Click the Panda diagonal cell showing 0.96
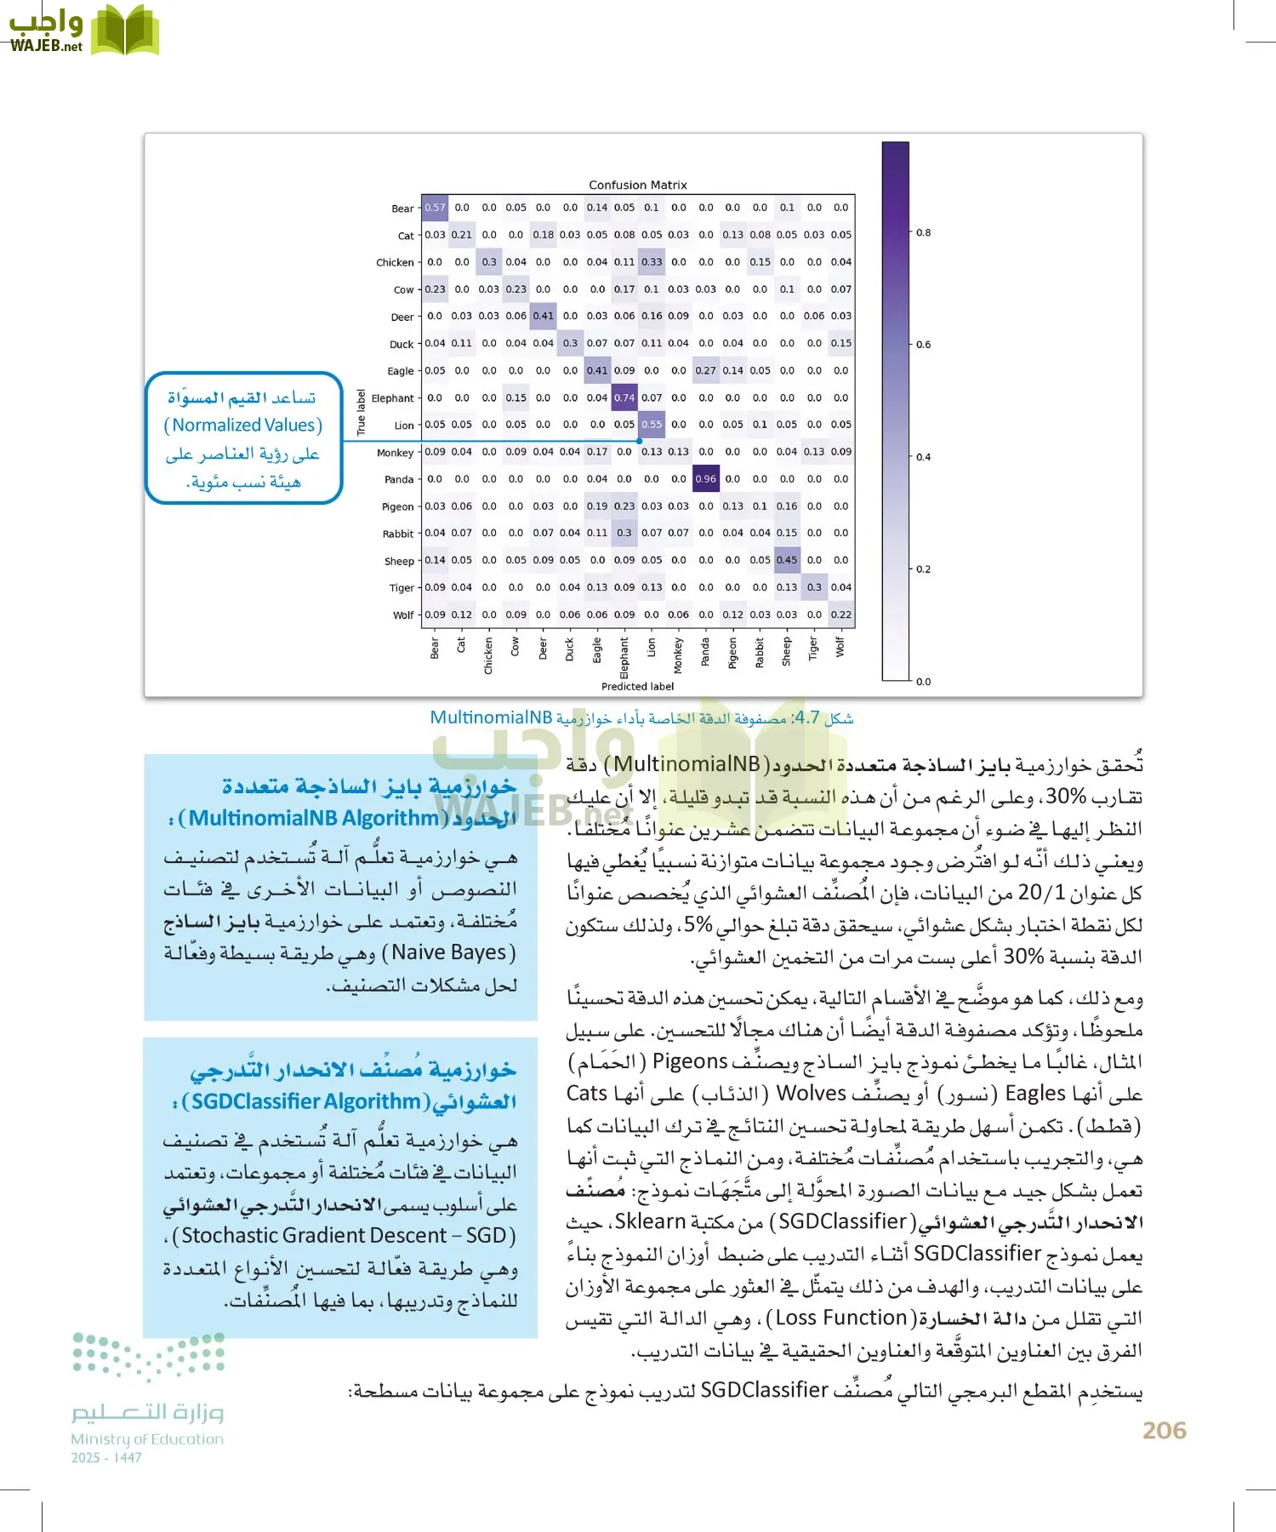(705, 479)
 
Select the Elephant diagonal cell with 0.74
(624, 397)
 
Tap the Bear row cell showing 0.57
(435, 208)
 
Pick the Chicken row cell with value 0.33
(652, 262)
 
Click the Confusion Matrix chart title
(637, 185)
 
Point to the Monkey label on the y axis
(395, 453)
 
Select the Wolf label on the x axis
(840, 647)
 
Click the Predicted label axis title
(637, 686)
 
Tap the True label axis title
(361, 413)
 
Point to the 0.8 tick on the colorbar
(923, 232)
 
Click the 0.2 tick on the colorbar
(923, 569)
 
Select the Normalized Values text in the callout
(243, 425)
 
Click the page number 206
(1164, 1430)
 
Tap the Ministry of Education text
(147, 1439)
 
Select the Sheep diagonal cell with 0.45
(787, 560)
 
